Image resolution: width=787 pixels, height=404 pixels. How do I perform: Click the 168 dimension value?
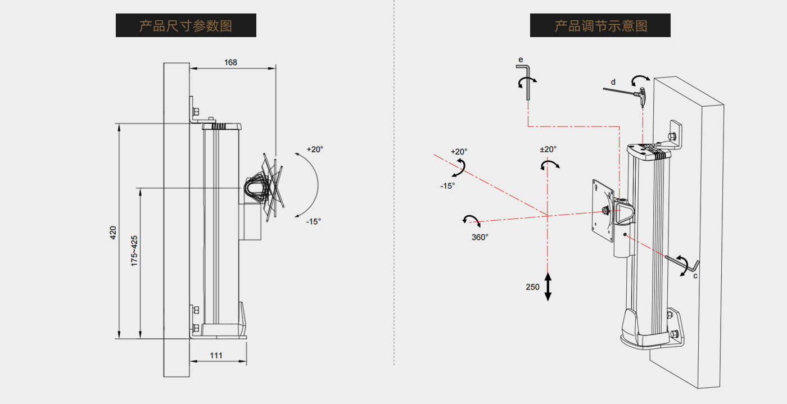pos(230,62)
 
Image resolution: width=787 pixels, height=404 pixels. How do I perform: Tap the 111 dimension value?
pos(216,355)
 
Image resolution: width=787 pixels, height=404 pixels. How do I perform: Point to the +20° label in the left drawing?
pos(315,149)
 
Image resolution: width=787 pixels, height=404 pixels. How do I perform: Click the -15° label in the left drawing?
pos(314,221)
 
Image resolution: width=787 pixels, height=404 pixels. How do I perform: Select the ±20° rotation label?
pos(548,149)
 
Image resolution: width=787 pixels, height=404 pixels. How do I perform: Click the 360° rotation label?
pos(480,237)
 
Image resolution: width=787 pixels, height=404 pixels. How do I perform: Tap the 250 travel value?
pos(532,287)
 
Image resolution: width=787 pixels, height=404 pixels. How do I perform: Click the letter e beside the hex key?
pos(521,59)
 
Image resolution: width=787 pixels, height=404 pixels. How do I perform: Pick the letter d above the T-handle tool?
pos(613,82)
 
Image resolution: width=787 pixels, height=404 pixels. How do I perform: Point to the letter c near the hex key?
pos(695,276)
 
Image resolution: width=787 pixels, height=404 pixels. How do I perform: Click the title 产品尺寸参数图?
pos(186,26)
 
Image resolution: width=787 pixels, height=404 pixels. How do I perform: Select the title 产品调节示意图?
pos(600,26)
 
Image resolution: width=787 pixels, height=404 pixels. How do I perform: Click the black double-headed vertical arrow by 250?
pos(548,287)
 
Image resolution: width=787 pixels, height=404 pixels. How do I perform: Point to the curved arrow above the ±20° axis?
pos(550,164)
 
